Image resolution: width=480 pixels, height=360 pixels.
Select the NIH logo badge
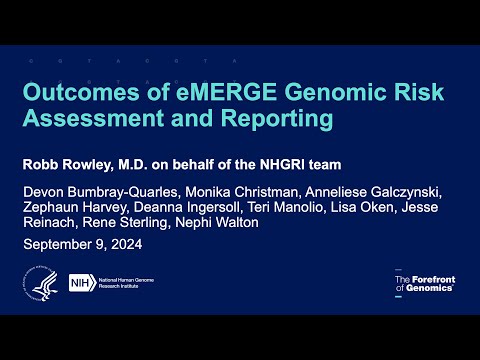pyautogui.click(x=81, y=285)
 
